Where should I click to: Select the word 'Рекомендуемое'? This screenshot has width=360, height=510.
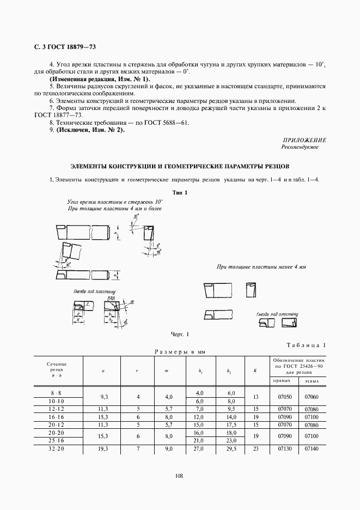300,147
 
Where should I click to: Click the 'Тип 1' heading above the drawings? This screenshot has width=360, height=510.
180,192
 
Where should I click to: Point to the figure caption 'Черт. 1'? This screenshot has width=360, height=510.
180,334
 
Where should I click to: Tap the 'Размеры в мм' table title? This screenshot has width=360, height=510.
180,351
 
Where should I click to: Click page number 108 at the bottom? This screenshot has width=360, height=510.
180,475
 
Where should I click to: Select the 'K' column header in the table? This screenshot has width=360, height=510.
255,371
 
